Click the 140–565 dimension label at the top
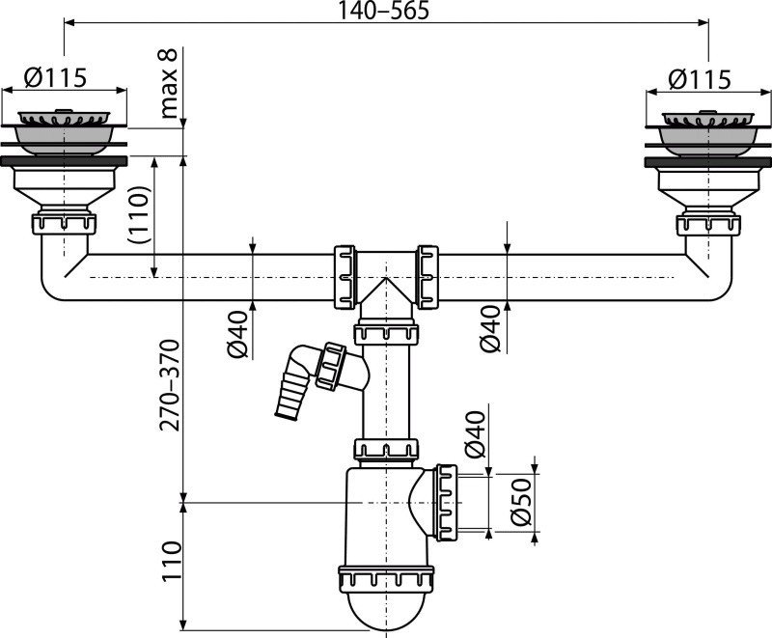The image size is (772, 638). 385,12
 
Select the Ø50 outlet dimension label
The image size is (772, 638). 522,502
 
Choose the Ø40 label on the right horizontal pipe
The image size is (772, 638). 492,329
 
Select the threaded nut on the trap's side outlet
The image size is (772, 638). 446,500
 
